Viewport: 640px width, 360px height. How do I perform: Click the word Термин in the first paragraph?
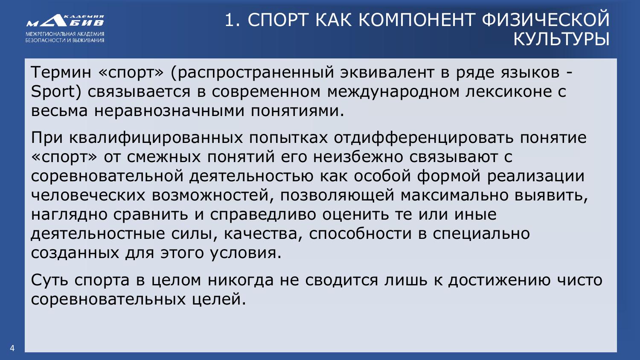coord(61,72)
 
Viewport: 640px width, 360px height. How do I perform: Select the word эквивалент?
coord(387,72)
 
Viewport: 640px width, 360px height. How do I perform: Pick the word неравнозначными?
coord(169,111)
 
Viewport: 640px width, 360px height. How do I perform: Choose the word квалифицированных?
coord(156,138)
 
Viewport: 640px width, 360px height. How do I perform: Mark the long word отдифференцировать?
coord(424,138)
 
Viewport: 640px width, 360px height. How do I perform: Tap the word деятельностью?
coord(251,176)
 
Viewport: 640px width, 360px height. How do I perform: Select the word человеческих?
coord(88,195)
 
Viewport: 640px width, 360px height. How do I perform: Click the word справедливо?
coord(263,215)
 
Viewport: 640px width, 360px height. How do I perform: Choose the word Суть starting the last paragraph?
coord(49,280)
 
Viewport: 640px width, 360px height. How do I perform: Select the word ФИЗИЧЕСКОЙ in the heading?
coord(545,20)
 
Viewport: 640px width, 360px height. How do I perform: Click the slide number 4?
coord(12,348)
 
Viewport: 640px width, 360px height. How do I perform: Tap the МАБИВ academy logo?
coord(65,29)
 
